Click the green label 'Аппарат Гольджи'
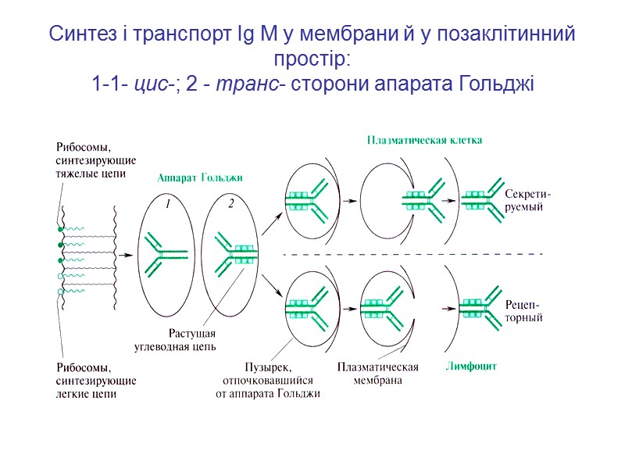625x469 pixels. point(200,178)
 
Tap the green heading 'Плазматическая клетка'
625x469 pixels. point(424,141)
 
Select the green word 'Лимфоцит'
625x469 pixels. point(471,366)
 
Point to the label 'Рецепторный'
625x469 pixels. point(523,311)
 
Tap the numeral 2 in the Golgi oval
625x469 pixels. point(231,205)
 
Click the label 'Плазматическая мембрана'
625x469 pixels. point(377,374)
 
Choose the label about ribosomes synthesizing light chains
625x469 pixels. point(96,381)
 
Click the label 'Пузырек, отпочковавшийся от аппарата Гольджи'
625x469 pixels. point(268,380)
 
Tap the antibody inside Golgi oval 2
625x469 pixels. point(234,252)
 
